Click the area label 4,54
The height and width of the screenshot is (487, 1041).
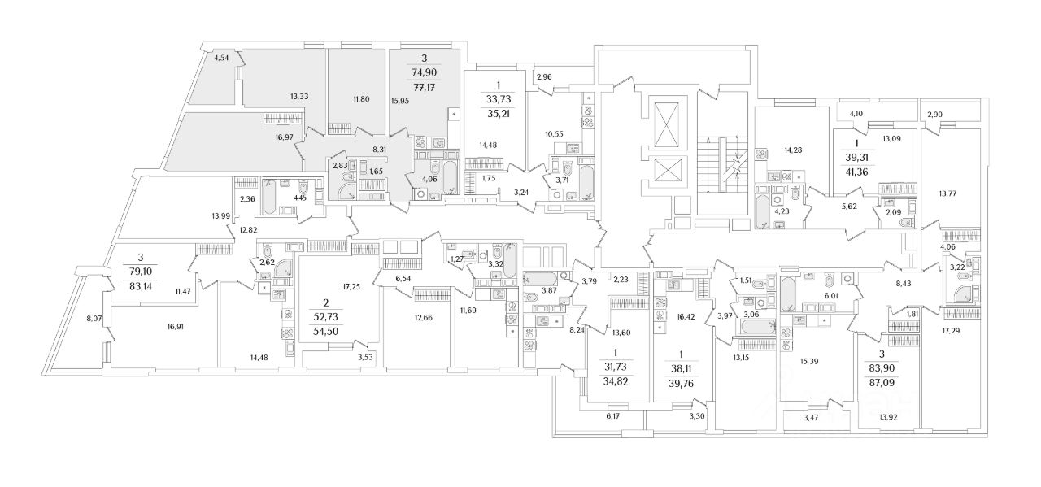click(x=223, y=58)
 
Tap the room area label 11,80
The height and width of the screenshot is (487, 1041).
click(x=362, y=100)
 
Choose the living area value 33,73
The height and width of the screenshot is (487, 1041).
click(x=499, y=101)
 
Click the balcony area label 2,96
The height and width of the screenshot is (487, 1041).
click(x=544, y=78)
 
